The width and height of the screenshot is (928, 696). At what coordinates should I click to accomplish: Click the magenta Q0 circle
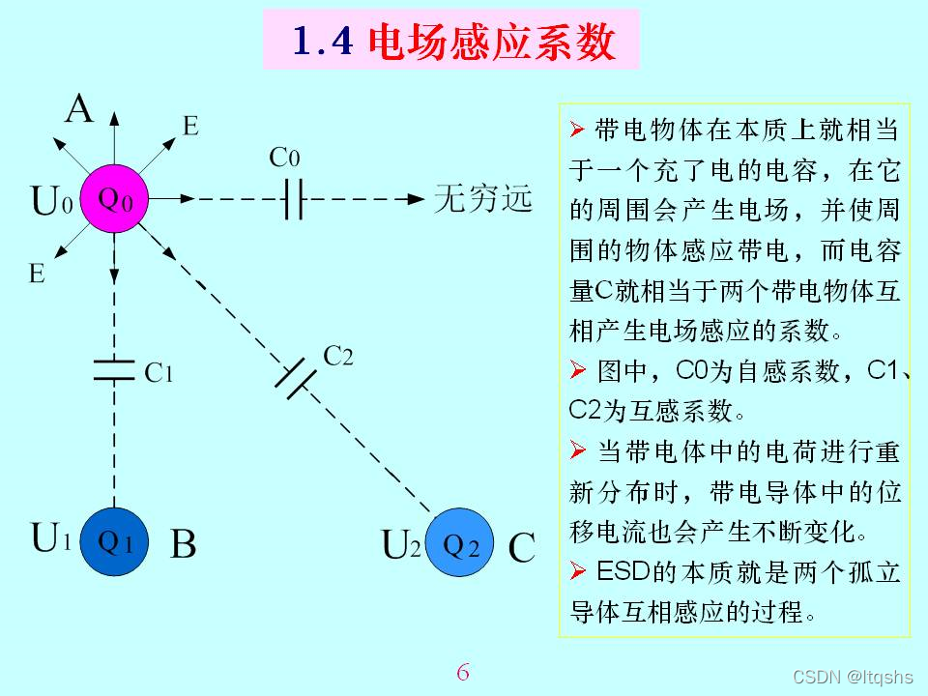(114, 199)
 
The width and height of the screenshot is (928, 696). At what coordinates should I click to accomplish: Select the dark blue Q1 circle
(115, 542)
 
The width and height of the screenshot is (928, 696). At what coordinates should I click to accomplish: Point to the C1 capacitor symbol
(114, 370)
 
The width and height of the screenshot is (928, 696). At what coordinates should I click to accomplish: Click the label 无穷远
(483, 198)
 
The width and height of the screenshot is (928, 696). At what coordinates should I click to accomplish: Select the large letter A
(79, 109)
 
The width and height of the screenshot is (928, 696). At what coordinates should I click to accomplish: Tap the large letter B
(183, 545)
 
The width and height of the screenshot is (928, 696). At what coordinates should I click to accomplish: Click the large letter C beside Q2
(521, 549)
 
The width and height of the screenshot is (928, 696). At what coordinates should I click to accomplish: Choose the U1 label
(51, 537)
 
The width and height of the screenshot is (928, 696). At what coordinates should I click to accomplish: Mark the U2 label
(401, 545)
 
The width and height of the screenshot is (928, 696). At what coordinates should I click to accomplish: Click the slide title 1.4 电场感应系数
(451, 41)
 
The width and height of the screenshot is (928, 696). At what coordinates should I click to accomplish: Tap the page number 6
(463, 671)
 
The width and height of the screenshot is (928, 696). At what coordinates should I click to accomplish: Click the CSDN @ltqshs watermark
(853, 677)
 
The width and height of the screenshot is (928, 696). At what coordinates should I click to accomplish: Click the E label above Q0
(190, 126)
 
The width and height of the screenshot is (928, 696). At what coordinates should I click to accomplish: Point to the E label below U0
(37, 274)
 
